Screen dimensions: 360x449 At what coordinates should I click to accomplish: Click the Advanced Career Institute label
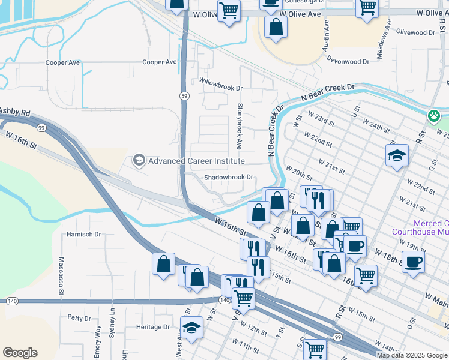[196, 161]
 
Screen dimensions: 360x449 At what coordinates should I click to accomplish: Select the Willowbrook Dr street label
[220, 88]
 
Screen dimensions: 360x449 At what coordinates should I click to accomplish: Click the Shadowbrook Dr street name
[229, 177]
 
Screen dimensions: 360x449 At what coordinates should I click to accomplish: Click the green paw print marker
[434, 115]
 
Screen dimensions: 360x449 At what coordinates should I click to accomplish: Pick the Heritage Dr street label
[153, 327]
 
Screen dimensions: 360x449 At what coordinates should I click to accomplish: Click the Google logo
[20, 353]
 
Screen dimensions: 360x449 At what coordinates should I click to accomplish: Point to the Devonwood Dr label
[348, 61]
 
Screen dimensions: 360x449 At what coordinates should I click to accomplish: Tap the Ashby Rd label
[15, 112]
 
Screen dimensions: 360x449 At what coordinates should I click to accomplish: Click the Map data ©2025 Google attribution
[412, 355]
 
